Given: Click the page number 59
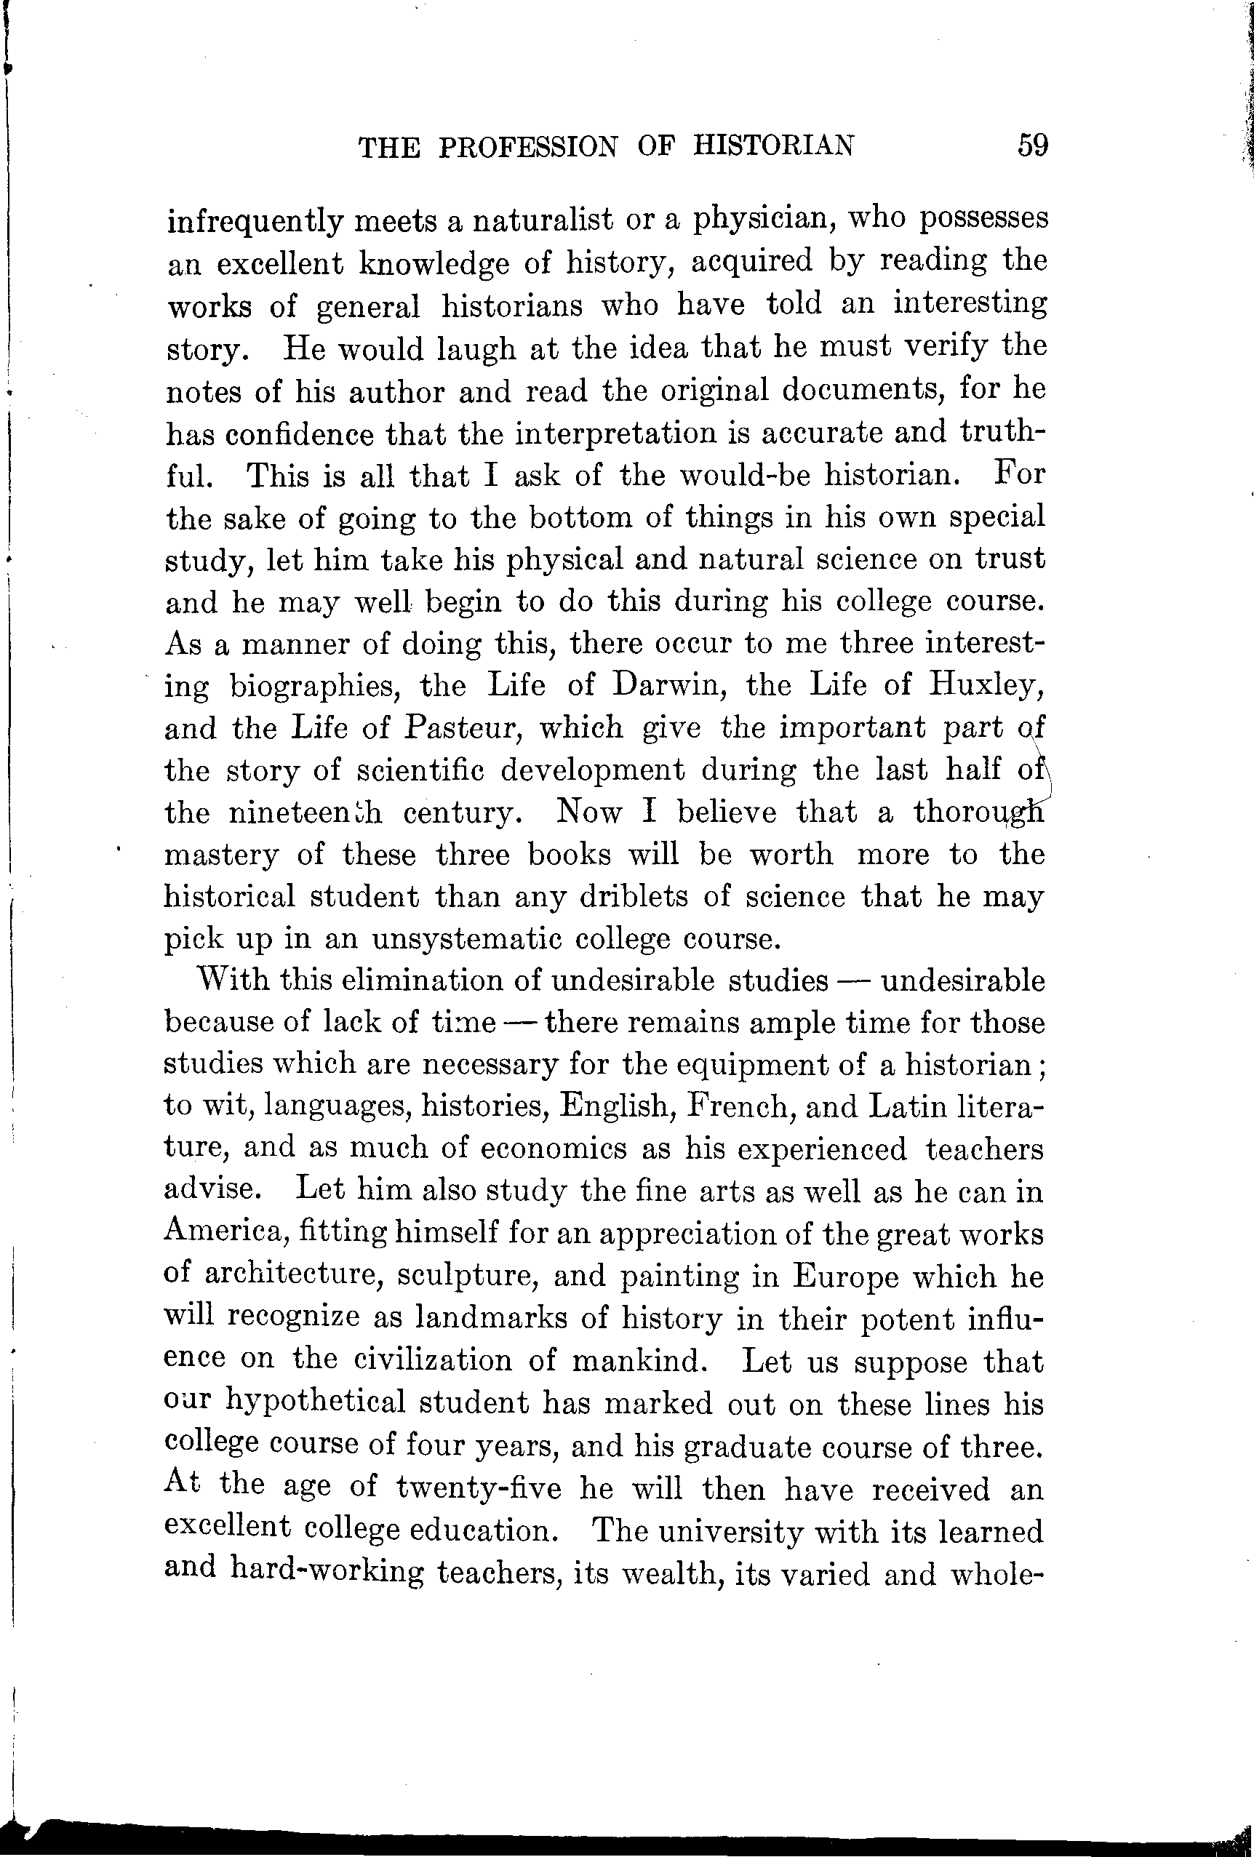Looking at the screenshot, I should pos(1033,145).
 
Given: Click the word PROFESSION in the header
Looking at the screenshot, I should pos(527,147).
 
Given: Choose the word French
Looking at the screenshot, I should pos(739,1106).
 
